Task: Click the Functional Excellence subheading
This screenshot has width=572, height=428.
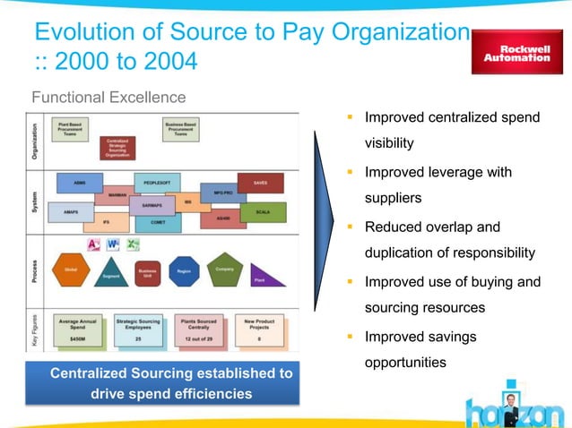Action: (108, 97)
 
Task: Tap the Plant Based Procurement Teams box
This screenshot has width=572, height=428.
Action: (68, 129)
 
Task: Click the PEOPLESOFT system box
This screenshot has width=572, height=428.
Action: (157, 182)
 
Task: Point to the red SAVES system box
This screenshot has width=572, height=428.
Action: (260, 184)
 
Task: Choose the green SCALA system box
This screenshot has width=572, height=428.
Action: (263, 212)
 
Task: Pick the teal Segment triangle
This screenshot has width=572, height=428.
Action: (111, 271)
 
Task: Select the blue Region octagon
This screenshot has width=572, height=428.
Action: (185, 270)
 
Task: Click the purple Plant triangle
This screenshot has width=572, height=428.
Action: (266, 276)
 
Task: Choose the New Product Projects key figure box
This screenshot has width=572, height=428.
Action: (259, 329)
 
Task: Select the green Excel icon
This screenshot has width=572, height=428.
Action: (133, 244)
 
